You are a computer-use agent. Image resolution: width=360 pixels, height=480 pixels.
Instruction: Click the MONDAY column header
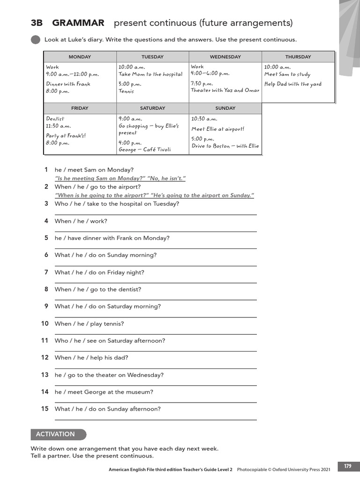coord(80,57)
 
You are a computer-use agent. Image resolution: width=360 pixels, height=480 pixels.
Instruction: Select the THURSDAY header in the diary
coord(298,57)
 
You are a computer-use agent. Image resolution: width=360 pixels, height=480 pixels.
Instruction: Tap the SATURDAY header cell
coord(152,108)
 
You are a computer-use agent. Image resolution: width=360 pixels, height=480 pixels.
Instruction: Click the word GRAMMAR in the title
coord(78,23)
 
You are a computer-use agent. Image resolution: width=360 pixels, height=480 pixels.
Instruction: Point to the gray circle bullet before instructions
coord(35,40)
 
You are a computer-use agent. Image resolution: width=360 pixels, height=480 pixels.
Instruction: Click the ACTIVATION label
coord(56,434)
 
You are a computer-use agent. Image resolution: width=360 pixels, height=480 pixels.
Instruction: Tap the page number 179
coord(347,466)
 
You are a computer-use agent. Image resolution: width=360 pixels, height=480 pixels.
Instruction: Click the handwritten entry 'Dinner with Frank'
coord(68,84)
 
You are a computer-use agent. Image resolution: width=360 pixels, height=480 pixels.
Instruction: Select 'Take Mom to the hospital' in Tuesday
coord(150,74)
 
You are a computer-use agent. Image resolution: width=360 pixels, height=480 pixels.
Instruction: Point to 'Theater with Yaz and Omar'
coord(225,90)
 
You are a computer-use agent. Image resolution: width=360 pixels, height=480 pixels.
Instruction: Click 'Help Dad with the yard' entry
coord(293,84)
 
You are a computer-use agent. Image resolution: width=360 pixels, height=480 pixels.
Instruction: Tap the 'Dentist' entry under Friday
coord(55,119)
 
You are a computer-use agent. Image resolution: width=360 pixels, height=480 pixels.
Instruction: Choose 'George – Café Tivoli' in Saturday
coord(145,150)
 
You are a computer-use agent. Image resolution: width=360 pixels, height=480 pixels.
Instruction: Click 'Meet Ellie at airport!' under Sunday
coord(218,129)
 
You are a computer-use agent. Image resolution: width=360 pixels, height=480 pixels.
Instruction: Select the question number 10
coord(45,323)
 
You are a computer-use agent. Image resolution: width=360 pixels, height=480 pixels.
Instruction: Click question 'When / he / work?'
coord(81,221)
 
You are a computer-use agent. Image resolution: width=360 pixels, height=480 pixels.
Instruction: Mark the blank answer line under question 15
coord(156,420)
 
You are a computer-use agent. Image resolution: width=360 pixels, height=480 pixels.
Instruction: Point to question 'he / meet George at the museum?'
coord(104,392)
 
